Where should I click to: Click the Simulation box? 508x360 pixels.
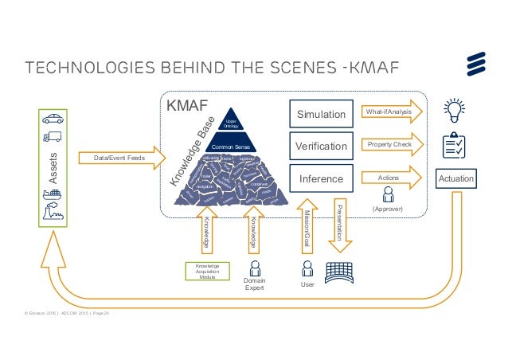pyautogui.click(x=321, y=115)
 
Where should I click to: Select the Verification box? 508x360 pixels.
pyautogui.click(x=321, y=147)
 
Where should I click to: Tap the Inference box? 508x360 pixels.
pyautogui.click(x=321, y=178)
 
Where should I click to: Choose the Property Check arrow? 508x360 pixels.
pyautogui.click(x=391, y=145)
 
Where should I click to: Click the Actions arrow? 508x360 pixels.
pyautogui.click(x=391, y=178)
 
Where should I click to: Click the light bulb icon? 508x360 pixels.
pyautogui.click(x=455, y=108)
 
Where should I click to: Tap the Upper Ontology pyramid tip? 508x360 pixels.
pyautogui.click(x=231, y=122)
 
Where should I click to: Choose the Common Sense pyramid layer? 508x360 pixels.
pyautogui.click(x=230, y=147)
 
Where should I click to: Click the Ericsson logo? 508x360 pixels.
pyautogui.click(x=479, y=65)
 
